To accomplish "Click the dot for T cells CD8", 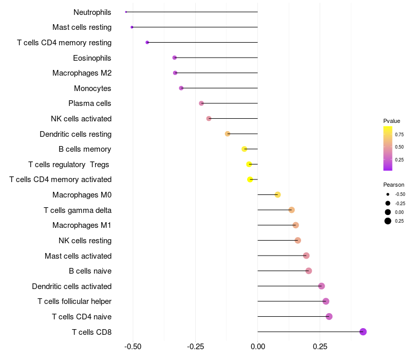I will [363, 332].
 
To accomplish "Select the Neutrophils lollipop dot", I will [126, 12].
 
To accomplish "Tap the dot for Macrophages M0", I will [277, 195].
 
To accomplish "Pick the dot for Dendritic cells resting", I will [228, 134].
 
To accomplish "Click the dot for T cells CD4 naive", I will [329, 316].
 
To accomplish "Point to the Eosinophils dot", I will [175, 58].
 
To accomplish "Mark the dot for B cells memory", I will [245, 149].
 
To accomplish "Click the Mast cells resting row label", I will [82, 27].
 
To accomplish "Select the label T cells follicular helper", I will [74, 301].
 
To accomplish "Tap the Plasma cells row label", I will [90, 103].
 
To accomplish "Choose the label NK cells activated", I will [81, 119].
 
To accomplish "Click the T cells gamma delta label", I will [78, 210].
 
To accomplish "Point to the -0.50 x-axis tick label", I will [133, 347].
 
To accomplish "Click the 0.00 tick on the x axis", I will [257, 347].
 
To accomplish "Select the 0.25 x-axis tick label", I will [320, 347].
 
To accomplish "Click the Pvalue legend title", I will [391, 121].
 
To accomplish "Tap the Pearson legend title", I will [394, 185].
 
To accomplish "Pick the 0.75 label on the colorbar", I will [399, 134].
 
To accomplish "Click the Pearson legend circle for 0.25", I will [387, 221].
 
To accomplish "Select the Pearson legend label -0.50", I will [400, 194].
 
